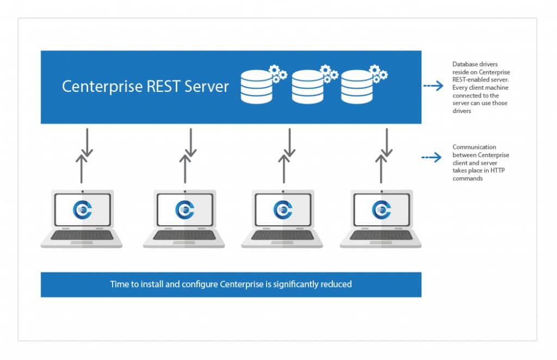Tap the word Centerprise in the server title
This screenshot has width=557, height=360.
[x=102, y=86]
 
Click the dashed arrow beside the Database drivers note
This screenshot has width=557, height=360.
[x=433, y=86]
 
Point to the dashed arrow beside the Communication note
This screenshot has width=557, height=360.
[x=433, y=158]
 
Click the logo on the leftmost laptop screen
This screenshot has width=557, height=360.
[x=82, y=210]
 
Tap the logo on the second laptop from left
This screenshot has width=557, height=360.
[x=184, y=210]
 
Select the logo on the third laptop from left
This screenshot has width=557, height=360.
[x=283, y=210]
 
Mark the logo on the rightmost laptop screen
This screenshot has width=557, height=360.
[x=381, y=210]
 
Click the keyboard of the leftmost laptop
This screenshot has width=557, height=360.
[x=82, y=235]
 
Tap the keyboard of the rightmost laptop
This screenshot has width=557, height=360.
[x=381, y=235]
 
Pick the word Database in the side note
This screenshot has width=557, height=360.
[x=464, y=64]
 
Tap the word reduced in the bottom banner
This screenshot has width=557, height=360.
[x=337, y=284]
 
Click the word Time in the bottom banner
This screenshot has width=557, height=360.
[x=120, y=284]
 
